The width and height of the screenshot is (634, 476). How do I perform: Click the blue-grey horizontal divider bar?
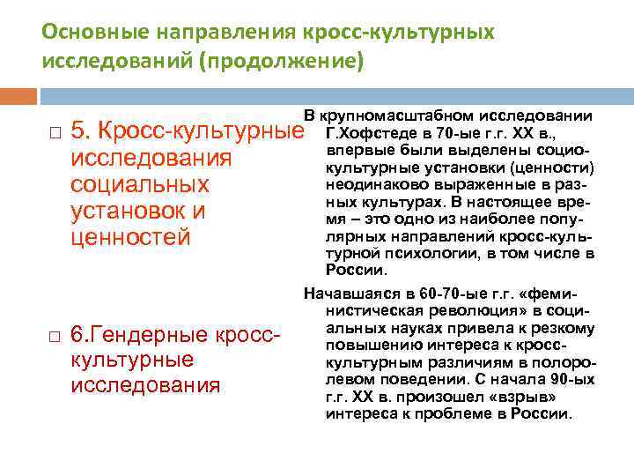[x=335, y=95]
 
